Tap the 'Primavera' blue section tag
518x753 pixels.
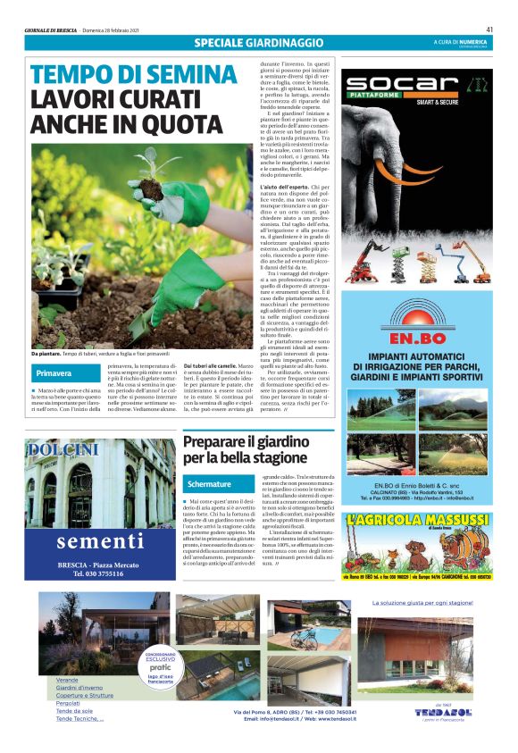point(55,372)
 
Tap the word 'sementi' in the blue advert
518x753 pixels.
point(100,542)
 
